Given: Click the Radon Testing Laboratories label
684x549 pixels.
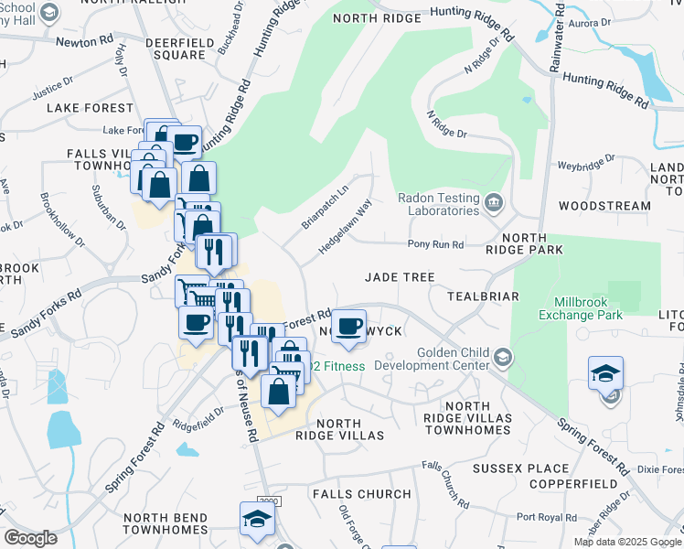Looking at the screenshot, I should coord(438,203).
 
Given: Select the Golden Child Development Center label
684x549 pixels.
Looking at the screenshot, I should coord(454,359).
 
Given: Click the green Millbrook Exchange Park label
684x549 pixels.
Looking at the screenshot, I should coord(593,308).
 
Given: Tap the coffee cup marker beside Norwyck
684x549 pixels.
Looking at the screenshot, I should coord(347,327).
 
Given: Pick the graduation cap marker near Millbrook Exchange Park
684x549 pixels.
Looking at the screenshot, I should coord(605,374).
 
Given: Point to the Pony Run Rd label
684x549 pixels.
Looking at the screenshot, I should coord(436,244).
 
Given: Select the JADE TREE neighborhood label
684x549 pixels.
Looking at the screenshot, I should coord(399,276).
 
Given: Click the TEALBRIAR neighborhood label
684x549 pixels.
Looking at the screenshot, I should coord(483,296).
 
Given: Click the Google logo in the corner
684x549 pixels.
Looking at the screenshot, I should coord(30,537).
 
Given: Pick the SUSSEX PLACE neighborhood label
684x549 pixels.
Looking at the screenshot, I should coord(508,468).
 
